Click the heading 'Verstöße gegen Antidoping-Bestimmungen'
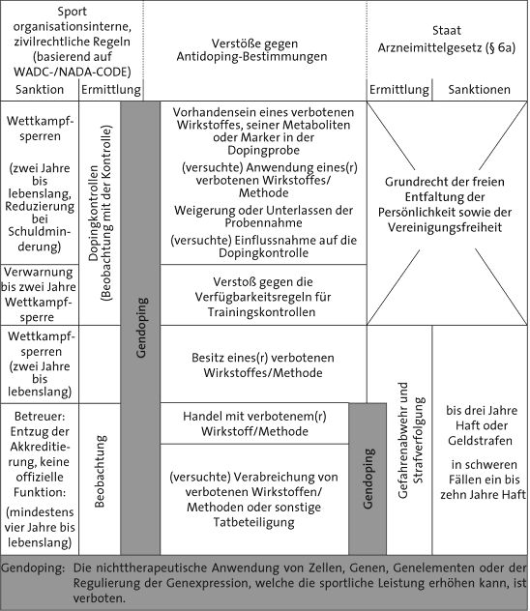tap(252, 50)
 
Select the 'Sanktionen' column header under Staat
tap(480, 89)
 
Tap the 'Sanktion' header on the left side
tap(40, 89)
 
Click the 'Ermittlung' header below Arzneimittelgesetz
tap(399, 89)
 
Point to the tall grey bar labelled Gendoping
tap(140, 328)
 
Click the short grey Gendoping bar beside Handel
tap(368, 479)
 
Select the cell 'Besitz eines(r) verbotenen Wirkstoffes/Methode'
tap(263, 365)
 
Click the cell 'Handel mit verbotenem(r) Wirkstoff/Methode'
tap(254, 423)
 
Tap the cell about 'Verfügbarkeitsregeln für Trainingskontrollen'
tap(262, 297)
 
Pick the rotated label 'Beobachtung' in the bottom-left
tap(100, 472)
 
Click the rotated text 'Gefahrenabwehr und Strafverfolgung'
tap(410, 440)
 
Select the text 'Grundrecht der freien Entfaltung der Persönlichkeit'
tap(445, 197)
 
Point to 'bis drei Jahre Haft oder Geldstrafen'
tap(482, 425)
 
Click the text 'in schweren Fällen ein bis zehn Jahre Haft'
tap(484, 480)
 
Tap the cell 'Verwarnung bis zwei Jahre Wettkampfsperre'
tap(39, 294)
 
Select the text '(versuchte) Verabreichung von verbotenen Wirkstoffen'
tap(253, 484)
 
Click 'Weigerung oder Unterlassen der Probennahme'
tap(264, 217)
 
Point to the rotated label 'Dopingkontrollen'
tap(93, 213)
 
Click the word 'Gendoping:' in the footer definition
tap(33, 568)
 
